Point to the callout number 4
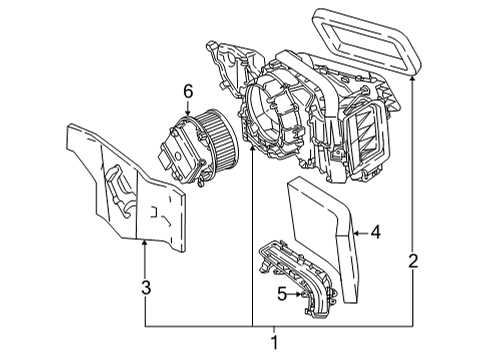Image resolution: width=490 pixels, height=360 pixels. click(375, 232)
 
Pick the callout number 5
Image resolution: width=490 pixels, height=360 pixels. click(284, 293)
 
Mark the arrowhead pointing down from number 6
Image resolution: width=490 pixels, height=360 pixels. click(186, 111)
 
